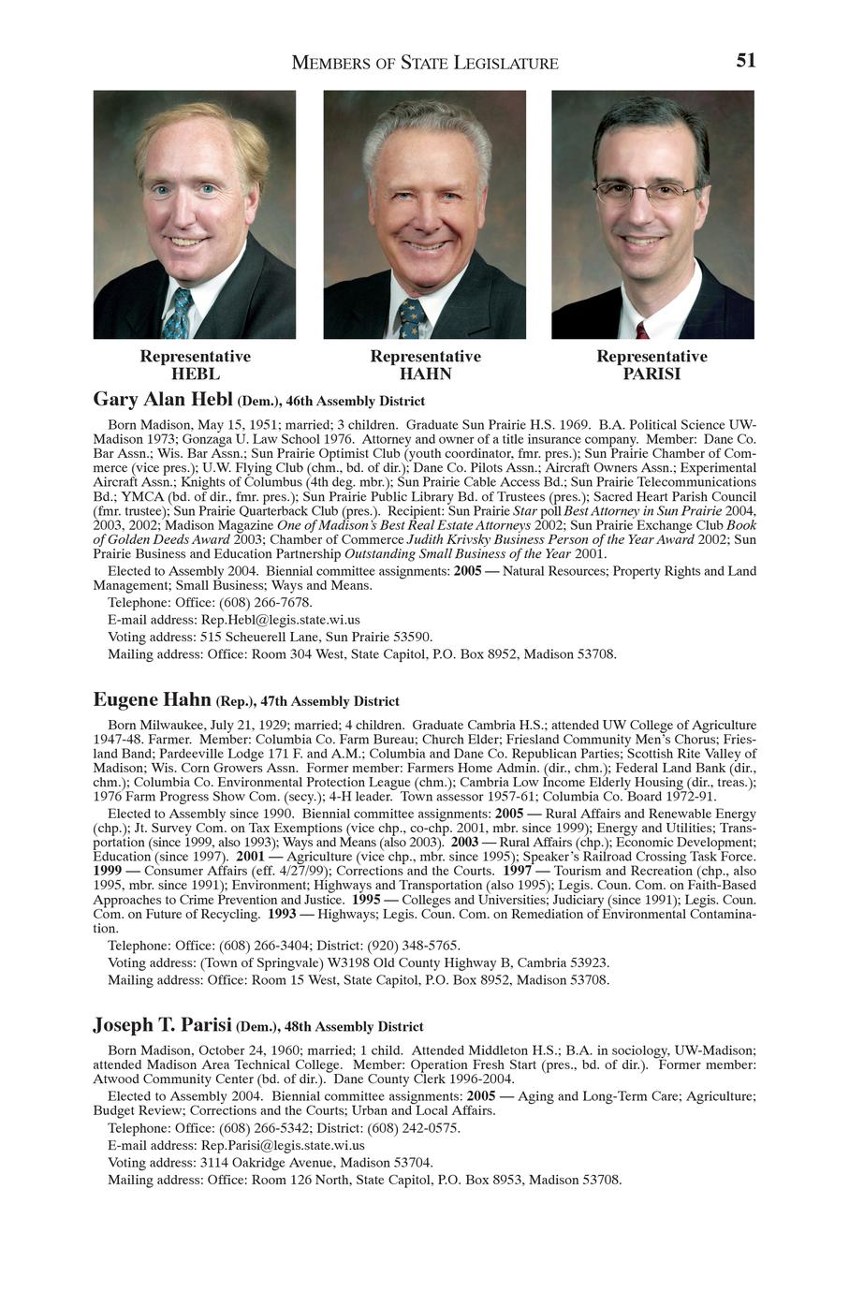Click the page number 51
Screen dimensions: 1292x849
(x=745, y=61)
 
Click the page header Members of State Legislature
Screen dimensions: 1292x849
(x=425, y=64)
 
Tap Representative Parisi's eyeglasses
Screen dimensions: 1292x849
(x=646, y=192)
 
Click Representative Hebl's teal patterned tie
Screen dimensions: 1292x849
(x=178, y=314)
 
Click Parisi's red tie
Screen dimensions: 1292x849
(x=642, y=330)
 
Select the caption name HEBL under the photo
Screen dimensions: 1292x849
(x=196, y=374)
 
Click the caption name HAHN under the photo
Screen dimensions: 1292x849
(x=425, y=374)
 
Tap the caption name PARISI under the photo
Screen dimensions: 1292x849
(x=651, y=374)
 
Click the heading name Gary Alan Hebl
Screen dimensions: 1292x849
(x=163, y=400)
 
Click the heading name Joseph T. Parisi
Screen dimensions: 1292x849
(x=162, y=1025)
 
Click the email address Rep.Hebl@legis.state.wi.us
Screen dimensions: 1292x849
(x=281, y=620)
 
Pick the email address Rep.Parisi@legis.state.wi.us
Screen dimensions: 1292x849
(x=283, y=1145)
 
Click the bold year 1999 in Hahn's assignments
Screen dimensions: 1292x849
(x=108, y=871)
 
